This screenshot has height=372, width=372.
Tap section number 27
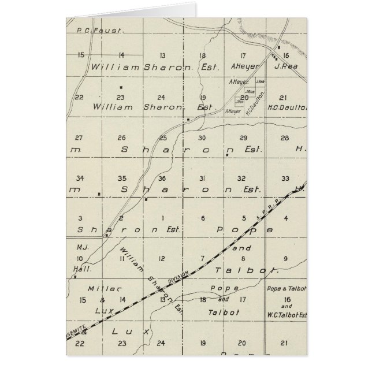pos(80,137)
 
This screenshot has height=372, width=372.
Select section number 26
pos(121,137)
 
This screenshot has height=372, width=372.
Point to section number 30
pos(202,137)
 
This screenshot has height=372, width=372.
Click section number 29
pos(243,137)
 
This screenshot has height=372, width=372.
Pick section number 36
pos(162,178)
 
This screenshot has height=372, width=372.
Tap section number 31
pos(202,178)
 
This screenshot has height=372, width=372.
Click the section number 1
pos(162,218)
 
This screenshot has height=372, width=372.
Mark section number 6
pos(202,218)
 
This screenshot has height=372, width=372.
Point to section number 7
pos(202,258)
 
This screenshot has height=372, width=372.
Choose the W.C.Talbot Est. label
pos(287,315)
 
